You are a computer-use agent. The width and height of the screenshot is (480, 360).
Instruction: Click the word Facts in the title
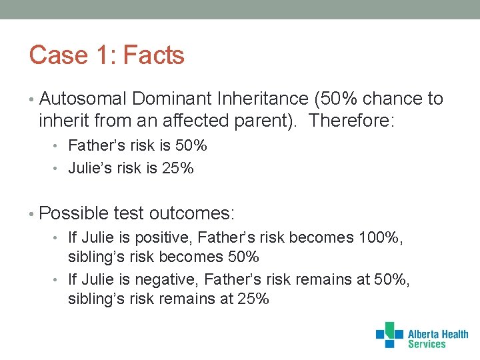(154, 55)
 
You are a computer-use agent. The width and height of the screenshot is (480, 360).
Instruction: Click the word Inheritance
(263, 99)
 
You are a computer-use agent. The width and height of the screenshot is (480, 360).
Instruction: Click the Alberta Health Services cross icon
(389, 335)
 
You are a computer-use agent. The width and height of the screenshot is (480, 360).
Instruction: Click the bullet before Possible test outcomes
(33, 214)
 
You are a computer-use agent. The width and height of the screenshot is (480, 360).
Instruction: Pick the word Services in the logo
(427, 345)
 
